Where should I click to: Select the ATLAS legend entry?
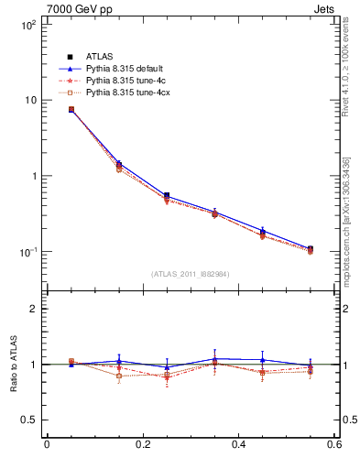click(x=100, y=57)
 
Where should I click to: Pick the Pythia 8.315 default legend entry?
click(x=128, y=69)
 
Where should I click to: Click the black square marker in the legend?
click(x=70, y=57)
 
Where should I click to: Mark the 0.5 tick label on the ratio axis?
click(x=27, y=420)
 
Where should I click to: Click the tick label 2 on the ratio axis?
click(x=32, y=309)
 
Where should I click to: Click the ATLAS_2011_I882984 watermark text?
click(x=191, y=273)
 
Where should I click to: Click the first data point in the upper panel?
click(x=71, y=109)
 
